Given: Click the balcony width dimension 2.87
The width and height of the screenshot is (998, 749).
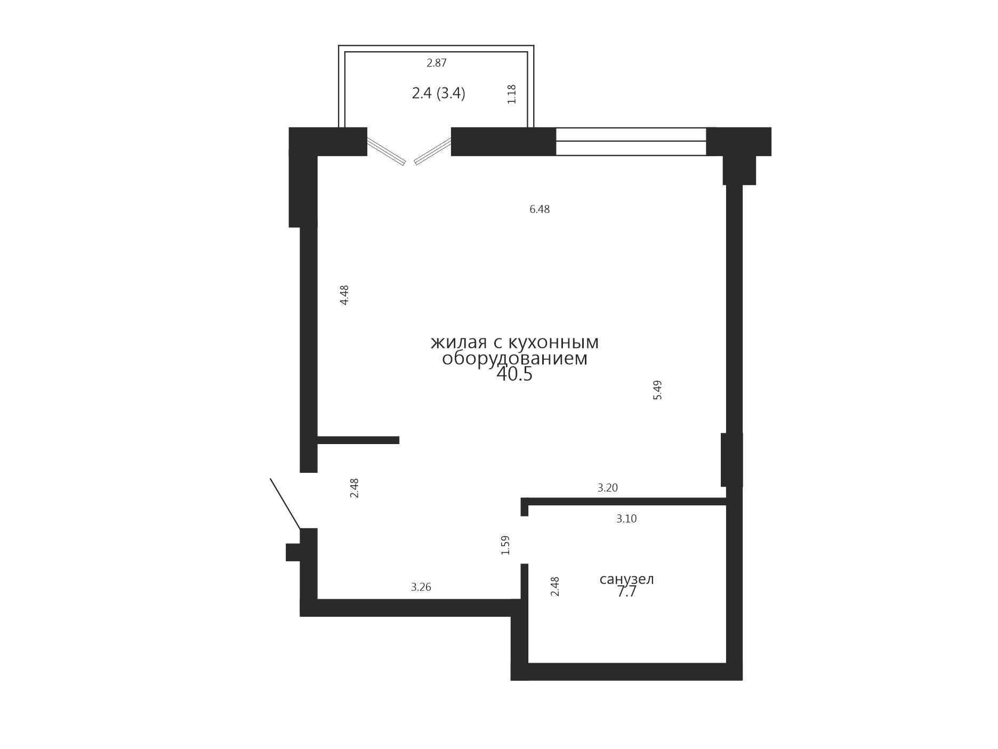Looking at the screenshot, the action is coord(437,63).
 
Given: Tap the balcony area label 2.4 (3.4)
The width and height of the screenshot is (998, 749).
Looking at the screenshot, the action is coord(438,93).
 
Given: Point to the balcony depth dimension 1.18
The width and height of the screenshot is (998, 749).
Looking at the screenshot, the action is coord(512,94).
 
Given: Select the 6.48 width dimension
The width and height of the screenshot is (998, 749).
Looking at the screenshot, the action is coord(540,210).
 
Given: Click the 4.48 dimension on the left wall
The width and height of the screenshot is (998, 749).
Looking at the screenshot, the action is coord(344,295).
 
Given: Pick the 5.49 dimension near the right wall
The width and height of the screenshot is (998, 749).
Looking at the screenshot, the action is coord(657,390).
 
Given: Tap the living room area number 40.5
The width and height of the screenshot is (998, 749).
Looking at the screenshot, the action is coord(514,374).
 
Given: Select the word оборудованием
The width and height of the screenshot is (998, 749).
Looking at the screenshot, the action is coord(514,359).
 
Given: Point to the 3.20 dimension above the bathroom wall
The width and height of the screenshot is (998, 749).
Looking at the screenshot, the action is coord(608,488).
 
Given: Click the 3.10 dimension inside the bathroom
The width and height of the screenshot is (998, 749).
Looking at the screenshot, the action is coord(626,519).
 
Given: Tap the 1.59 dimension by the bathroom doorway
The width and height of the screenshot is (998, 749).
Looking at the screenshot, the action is coord(505,545).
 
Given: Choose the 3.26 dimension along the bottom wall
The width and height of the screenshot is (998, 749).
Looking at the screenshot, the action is coord(421,587).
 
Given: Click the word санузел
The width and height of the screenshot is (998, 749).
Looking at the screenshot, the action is coord(627,579).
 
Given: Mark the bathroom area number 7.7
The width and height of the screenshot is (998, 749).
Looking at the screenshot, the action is coord(627,592).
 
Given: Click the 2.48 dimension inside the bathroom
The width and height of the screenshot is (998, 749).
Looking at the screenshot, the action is coord(555,586).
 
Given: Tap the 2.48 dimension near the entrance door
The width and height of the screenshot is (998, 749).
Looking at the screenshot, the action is coord(354,488).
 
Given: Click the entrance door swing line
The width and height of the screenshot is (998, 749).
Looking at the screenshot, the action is coord(285,504).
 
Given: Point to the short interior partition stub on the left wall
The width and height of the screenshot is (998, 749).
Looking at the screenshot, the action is coord(358,440).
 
